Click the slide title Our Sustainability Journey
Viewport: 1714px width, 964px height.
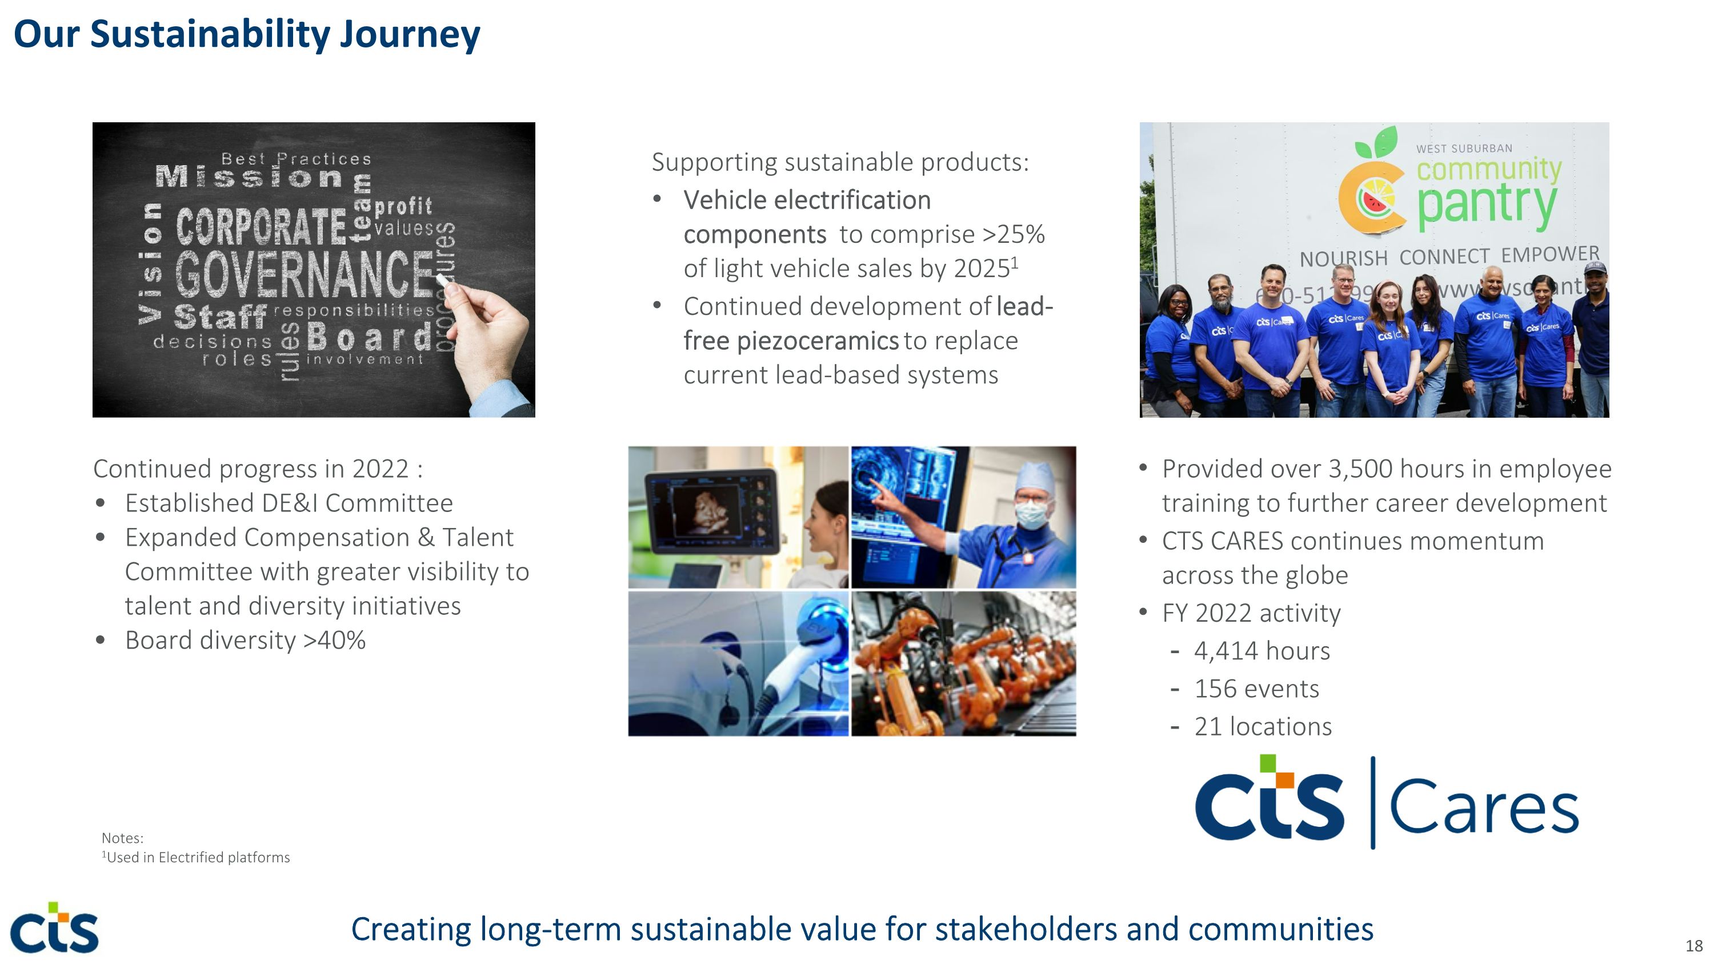point(246,35)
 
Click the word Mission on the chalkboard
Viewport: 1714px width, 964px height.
point(250,177)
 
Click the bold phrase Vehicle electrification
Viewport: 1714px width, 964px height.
point(806,199)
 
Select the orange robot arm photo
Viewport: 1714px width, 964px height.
point(963,664)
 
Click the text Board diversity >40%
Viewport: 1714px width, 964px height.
point(245,640)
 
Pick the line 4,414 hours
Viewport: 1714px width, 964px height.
point(1262,651)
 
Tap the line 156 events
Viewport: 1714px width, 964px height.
point(1256,689)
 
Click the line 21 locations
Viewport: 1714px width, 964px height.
point(1262,726)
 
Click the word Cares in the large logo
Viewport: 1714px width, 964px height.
point(1484,807)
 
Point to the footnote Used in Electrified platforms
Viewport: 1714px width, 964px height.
point(198,858)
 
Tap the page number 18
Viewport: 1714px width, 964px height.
point(1693,945)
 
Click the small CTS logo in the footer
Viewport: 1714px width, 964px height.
point(54,929)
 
